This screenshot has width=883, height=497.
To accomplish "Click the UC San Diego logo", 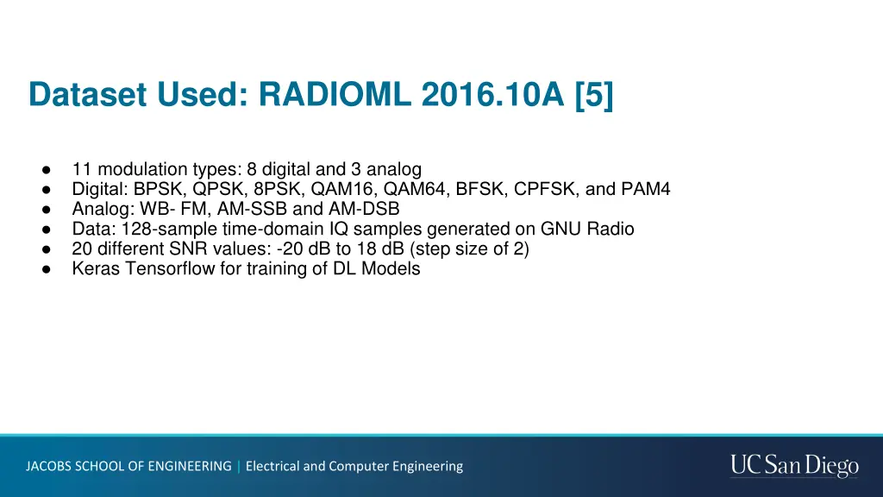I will click(x=794, y=466).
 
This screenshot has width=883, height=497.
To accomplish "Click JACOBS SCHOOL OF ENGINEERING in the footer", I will click(x=128, y=466).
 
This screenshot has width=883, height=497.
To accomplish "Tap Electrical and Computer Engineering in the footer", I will click(x=354, y=466).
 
